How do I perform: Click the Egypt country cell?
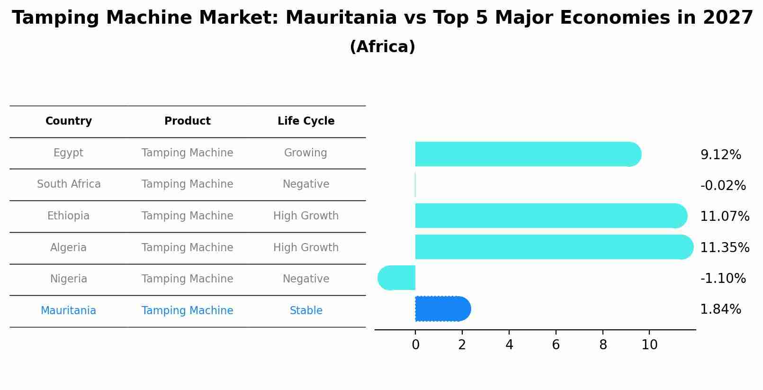pyautogui.click(x=68, y=153)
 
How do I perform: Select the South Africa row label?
pyautogui.click(x=69, y=184)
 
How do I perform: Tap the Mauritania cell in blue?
pyautogui.click(x=68, y=311)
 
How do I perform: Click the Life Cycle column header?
pyautogui.click(x=306, y=121)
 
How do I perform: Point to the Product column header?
pyautogui.click(x=187, y=121)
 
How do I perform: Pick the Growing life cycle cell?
pyautogui.click(x=305, y=153)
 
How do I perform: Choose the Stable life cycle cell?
pyautogui.click(x=306, y=311)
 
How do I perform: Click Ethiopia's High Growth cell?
pyautogui.click(x=306, y=216)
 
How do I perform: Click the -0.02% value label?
pyautogui.click(x=723, y=186)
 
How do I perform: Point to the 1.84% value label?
pyautogui.click(x=720, y=309)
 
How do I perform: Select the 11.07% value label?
pyautogui.click(x=724, y=217)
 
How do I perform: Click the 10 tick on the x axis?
pyautogui.click(x=649, y=345)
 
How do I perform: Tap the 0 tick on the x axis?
pyautogui.click(x=415, y=345)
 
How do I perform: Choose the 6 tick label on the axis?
pyautogui.click(x=556, y=345)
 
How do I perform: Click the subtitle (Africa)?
pyautogui.click(x=382, y=47)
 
